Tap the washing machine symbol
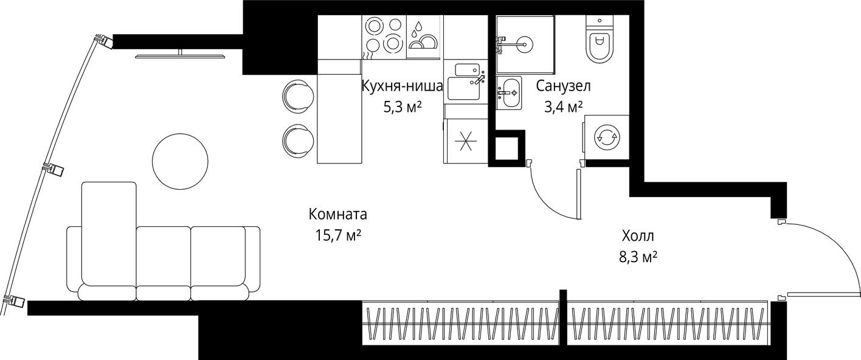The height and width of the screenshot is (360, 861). (x=606, y=137)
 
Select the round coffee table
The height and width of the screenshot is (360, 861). (x=180, y=161)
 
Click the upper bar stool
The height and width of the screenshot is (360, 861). (x=298, y=95)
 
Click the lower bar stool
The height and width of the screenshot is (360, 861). (x=298, y=141)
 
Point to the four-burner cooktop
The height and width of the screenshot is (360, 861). (x=384, y=36)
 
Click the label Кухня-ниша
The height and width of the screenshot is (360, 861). (x=401, y=86)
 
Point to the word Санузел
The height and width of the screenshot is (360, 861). (x=563, y=86)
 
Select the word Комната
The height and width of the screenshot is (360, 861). (x=337, y=215)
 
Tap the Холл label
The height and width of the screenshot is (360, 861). (x=638, y=236)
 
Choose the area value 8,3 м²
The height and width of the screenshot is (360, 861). (x=638, y=257)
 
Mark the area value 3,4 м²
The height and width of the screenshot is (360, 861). (x=563, y=108)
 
